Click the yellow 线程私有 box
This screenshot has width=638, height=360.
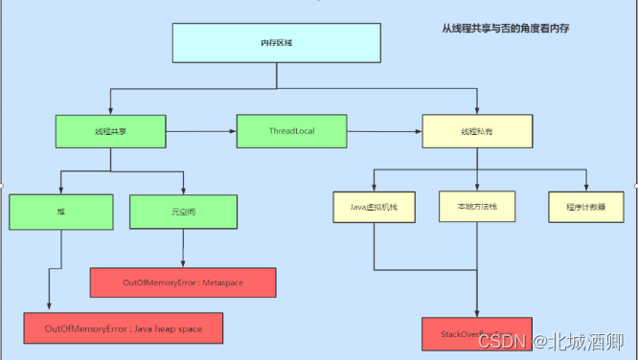[476, 131]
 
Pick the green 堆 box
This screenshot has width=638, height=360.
[61, 209]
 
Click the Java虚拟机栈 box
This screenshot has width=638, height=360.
[374, 207]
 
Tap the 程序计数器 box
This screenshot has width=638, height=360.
[585, 207]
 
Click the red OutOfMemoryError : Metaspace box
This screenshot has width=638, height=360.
[183, 283]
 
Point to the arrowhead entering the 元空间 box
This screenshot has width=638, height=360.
[183, 191]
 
